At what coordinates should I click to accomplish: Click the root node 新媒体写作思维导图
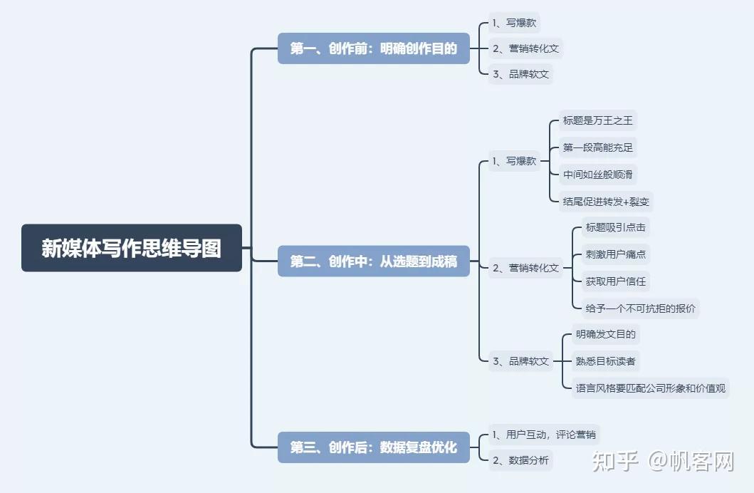132,248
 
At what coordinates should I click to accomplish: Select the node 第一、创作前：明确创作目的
373,48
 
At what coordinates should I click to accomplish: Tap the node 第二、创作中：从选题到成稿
373,261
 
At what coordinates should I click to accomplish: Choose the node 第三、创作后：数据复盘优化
373,447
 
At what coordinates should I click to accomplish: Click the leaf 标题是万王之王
597,120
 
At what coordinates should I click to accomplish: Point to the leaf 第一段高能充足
597,147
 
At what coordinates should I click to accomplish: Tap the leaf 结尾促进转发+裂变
606,202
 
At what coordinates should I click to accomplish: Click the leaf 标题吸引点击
615,227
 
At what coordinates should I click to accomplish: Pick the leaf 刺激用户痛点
615,254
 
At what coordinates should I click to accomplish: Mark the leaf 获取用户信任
615,281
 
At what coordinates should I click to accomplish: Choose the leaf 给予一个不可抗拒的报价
641,308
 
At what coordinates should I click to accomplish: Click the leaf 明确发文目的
605,334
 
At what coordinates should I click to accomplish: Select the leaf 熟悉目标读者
605,361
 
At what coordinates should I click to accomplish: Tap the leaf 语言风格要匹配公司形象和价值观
650,388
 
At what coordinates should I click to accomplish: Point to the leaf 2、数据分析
520,460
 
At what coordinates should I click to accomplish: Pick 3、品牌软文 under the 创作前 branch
520,74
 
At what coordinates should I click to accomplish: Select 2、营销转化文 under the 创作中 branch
525,269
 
